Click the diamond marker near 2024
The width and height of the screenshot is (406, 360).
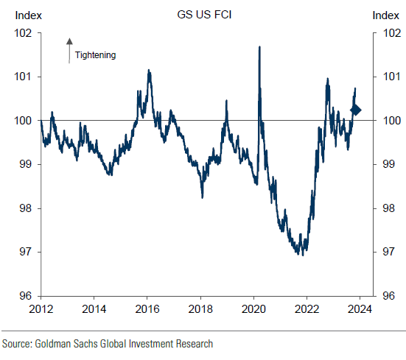click(355, 110)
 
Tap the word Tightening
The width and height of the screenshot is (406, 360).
click(96, 54)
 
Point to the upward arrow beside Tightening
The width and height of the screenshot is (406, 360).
click(69, 49)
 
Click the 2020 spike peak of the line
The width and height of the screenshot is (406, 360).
click(259, 47)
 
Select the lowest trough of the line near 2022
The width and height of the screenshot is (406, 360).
click(301, 254)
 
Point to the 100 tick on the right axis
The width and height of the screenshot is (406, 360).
click(388, 121)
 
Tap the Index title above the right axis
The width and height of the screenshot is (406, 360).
click(386, 15)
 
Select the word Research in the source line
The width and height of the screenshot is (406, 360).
click(193, 344)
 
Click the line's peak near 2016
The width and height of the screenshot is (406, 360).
click(149, 71)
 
